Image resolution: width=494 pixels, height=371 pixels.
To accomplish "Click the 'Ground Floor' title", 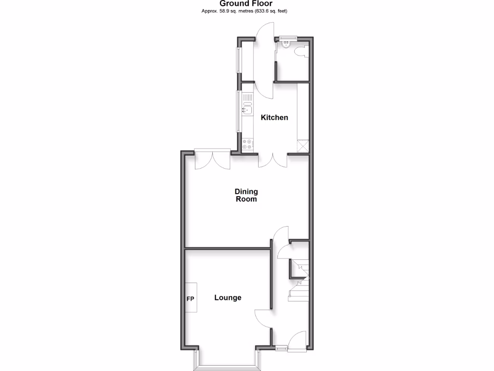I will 247,4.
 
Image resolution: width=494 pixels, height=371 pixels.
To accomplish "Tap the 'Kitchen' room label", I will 274,117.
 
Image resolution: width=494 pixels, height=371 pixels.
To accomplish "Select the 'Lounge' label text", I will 228,298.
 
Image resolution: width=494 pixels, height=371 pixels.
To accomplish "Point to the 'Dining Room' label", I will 246,195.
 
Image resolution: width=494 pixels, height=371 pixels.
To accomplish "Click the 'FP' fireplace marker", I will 190,298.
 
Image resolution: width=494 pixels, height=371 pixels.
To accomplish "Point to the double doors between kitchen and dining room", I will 273,161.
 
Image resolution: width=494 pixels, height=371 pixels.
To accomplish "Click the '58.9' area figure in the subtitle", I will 225,11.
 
